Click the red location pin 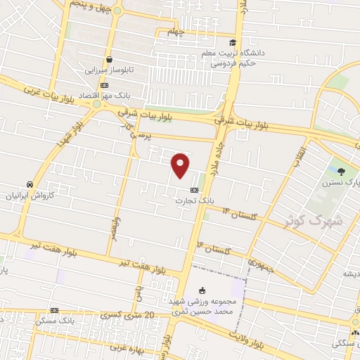181,165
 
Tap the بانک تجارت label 193,200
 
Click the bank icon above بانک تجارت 194,190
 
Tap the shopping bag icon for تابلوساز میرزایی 109,60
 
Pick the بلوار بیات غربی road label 49,94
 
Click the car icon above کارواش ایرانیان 30,184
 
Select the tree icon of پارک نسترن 342,171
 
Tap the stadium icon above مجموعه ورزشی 202,290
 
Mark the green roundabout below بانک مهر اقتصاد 96,104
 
